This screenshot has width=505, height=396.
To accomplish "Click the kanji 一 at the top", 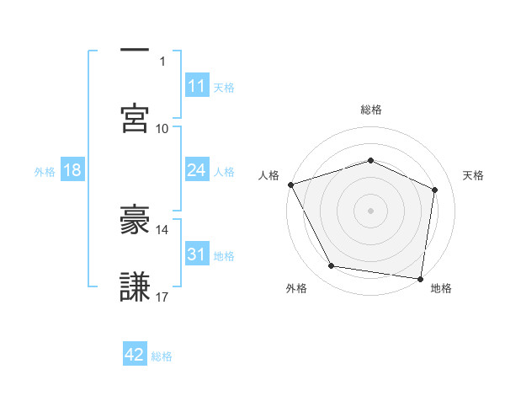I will (135, 52).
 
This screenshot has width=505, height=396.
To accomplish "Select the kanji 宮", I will (135, 117).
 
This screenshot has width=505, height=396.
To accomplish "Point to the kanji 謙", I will (135, 286).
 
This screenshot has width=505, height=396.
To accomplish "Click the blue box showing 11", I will (197, 86).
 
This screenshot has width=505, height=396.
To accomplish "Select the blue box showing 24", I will (197, 170).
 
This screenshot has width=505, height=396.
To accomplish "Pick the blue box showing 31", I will (197, 254).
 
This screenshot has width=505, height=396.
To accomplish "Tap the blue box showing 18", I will (72, 170).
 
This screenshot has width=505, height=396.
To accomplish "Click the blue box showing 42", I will (135, 355).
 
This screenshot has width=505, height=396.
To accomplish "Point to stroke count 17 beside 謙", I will (163, 297).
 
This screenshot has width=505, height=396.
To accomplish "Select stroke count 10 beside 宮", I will (162, 128).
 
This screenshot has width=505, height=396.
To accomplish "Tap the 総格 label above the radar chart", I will (370, 110).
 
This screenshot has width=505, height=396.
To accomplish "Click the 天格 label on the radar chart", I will (473, 175).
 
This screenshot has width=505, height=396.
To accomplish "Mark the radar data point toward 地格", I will (420, 278).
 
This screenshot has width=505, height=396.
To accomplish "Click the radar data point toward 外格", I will (332, 266).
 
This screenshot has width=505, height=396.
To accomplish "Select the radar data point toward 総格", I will (370, 160).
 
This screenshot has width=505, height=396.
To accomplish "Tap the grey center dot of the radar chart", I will (370, 210).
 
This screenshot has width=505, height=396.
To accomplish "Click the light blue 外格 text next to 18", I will (44, 171).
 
